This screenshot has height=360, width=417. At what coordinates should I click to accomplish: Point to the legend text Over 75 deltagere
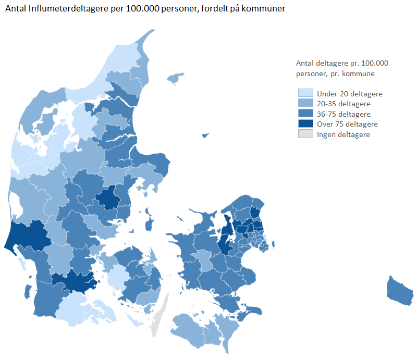[x=347, y=124]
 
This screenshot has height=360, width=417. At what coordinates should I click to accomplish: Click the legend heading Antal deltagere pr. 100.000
[x=342, y=63]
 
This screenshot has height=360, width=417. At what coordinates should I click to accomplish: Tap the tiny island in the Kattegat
[x=205, y=135]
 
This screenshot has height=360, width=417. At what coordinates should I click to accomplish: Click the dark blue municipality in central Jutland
[x=109, y=197]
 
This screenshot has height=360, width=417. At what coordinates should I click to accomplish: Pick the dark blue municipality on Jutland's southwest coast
[x=27, y=234]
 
